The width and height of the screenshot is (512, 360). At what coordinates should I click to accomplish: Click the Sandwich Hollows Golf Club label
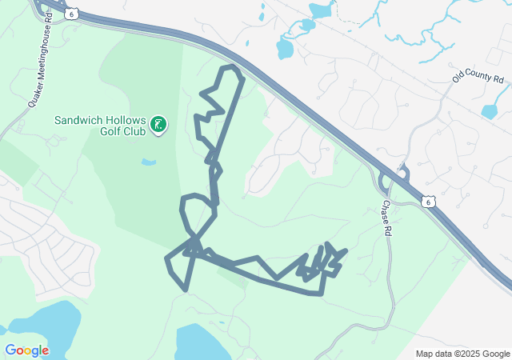[100, 126]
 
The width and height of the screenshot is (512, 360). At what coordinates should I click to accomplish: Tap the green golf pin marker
[158, 123]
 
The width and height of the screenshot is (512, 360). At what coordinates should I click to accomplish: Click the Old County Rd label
[478, 79]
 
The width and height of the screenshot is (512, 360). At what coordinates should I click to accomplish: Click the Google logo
[26, 350]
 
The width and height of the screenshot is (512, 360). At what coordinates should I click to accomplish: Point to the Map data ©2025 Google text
[462, 354]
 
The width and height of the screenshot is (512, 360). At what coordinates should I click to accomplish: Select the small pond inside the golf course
[149, 162]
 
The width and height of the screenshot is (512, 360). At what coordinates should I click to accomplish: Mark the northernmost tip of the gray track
[231, 66]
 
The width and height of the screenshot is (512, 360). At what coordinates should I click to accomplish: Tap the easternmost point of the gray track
[346, 251]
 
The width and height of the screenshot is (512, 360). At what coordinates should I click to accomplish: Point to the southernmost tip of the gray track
[321, 294]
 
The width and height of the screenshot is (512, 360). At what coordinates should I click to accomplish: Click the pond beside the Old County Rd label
[490, 112]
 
